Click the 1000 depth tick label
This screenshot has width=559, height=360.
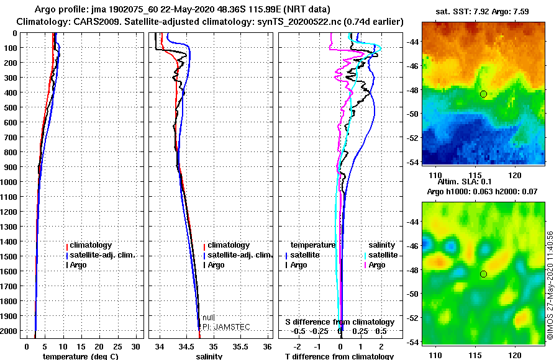click(9, 182)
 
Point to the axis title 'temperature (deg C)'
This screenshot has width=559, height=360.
click(80, 356)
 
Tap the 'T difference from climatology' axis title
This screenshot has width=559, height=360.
click(339, 356)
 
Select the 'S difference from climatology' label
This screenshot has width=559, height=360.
click(340, 322)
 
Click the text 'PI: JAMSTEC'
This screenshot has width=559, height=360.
click(226, 327)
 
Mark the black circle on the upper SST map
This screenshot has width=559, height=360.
click(483, 94)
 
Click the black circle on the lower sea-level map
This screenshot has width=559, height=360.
click(483, 274)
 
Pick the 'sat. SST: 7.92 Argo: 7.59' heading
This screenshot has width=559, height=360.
click(482, 12)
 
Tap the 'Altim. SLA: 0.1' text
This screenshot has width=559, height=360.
click(465, 181)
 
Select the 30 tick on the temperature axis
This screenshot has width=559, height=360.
click(135, 346)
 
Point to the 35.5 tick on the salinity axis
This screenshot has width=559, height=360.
click(240, 346)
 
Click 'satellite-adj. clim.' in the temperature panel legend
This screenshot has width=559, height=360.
click(102, 255)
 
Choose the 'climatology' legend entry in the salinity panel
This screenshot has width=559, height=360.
click(229, 245)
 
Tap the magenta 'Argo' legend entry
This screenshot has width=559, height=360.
click(377, 265)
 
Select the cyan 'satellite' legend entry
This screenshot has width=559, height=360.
click(383, 255)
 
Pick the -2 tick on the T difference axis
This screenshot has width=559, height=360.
click(297, 346)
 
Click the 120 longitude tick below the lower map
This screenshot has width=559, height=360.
click(515, 355)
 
